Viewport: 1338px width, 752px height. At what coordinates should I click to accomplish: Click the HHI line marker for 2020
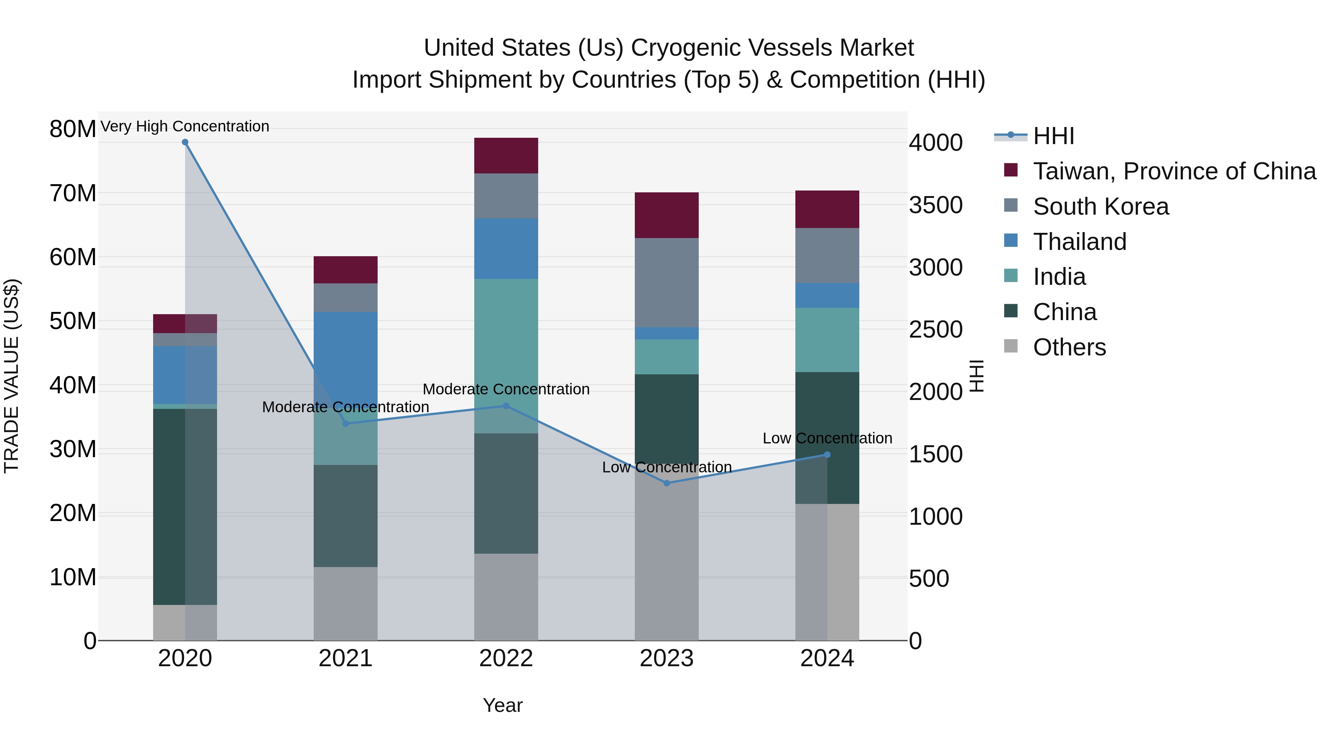click(185, 142)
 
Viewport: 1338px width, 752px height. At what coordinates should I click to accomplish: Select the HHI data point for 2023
click(667, 483)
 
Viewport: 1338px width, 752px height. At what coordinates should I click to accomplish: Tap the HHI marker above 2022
click(507, 406)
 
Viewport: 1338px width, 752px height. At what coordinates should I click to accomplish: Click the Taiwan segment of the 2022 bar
click(507, 156)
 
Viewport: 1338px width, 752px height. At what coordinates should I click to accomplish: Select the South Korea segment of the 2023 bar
click(667, 283)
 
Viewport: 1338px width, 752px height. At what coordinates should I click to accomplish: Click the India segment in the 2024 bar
click(827, 340)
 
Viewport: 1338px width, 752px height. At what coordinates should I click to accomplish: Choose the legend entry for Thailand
click(1079, 242)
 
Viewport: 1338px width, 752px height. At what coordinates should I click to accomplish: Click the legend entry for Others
click(1069, 347)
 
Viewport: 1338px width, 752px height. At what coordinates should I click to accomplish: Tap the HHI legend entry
click(1053, 136)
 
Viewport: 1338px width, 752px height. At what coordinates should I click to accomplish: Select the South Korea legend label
click(1101, 206)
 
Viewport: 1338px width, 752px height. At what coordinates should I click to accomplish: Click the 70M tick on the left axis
click(73, 193)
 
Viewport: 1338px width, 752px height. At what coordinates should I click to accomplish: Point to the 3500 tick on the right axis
click(935, 205)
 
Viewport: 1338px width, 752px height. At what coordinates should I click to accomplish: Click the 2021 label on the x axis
click(345, 658)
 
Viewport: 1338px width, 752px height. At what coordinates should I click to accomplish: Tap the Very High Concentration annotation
click(185, 126)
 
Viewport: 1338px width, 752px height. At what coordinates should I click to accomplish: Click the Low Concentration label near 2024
click(827, 438)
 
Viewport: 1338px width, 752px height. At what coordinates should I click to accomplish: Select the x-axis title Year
click(502, 705)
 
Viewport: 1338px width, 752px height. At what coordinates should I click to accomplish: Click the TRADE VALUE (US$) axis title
click(12, 376)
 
